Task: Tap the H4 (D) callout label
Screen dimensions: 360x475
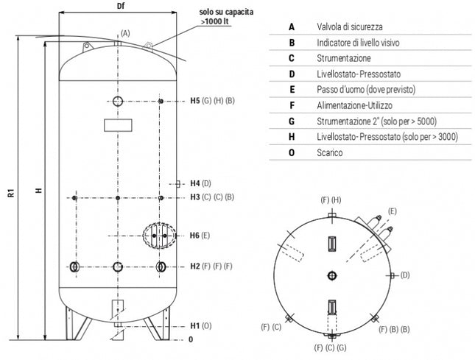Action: pos(201,183)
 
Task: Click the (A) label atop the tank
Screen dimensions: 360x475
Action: pos(124,33)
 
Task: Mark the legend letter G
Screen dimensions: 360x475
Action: pos(292,121)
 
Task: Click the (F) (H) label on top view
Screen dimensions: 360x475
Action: pos(331,200)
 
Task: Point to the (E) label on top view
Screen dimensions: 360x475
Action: pos(393,211)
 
